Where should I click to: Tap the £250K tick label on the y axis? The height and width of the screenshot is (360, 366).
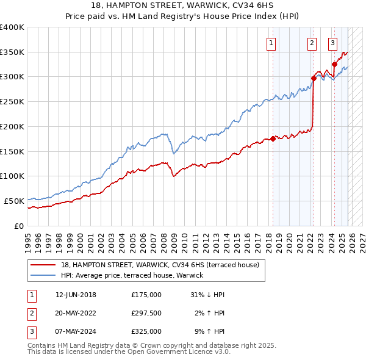point(12,101)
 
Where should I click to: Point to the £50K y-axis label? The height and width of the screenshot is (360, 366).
point(14,201)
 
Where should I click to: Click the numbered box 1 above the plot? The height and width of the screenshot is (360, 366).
point(270,43)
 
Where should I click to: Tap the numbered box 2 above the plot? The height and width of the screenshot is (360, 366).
point(312,43)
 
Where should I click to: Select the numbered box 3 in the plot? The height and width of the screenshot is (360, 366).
point(332,43)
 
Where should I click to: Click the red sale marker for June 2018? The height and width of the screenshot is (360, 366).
point(273,139)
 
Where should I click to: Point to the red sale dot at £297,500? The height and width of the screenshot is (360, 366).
point(314,78)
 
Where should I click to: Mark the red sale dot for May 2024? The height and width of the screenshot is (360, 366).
point(334,64)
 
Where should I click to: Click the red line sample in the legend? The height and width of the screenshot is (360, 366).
point(43,265)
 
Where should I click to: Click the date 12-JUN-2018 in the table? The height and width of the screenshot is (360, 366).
point(76,295)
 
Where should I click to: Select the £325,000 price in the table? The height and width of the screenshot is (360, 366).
point(146,331)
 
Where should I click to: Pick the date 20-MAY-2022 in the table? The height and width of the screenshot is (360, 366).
point(76,313)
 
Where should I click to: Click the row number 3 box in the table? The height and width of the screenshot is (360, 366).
point(30,331)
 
